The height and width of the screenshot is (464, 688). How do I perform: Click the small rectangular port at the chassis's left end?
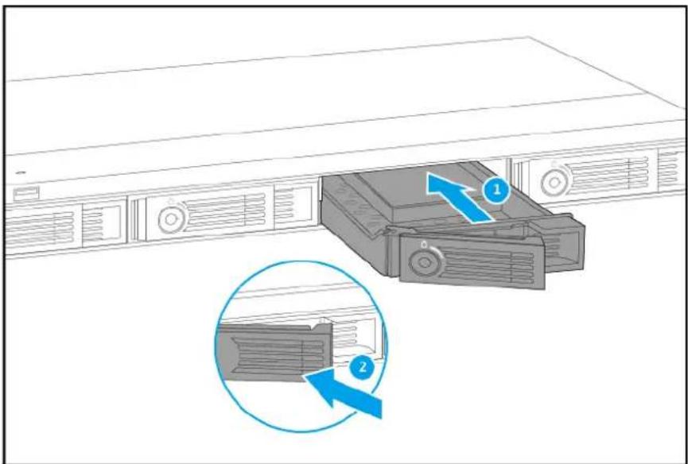click(25, 193)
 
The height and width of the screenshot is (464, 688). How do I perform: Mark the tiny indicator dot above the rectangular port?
click(21, 172)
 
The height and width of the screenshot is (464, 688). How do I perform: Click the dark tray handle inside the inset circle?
click(270, 350)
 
